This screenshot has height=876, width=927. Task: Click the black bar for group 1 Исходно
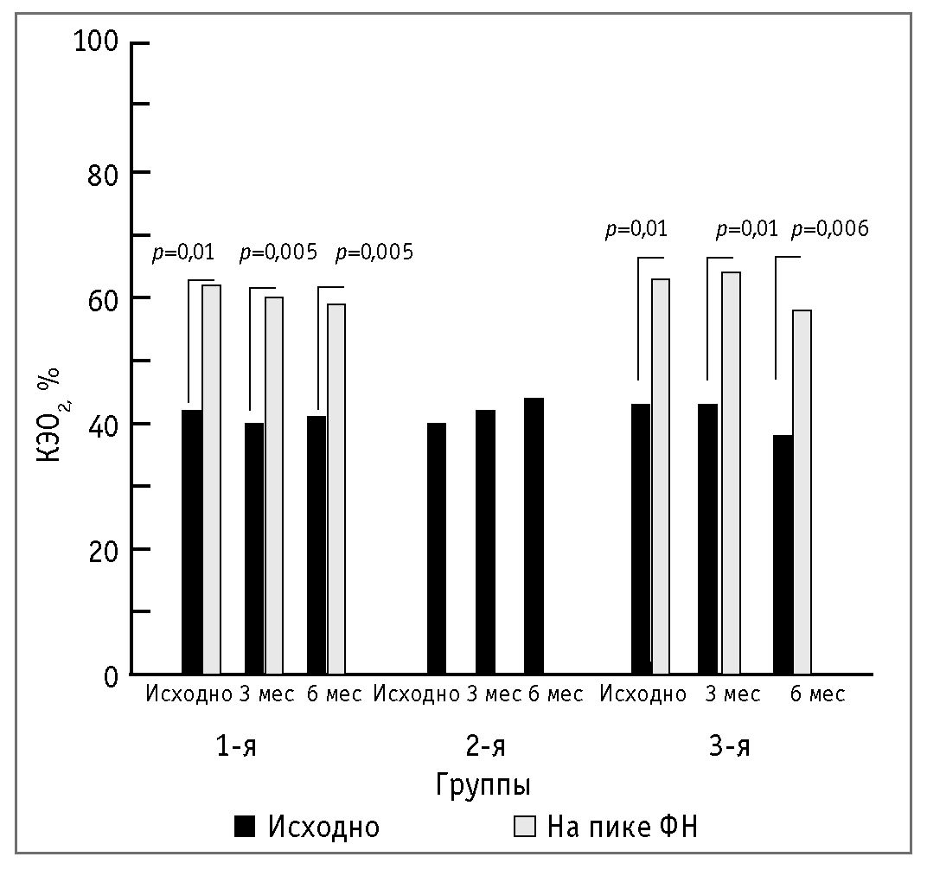[x=192, y=541]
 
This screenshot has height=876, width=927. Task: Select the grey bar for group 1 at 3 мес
[x=273, y=485]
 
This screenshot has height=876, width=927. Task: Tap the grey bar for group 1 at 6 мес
[x=336, y=489]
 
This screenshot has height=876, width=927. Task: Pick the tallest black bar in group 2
[x=534, y=536]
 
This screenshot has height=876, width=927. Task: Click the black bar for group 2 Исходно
[x=436, y=548]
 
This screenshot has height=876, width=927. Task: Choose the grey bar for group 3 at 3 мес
[x=731, y=473]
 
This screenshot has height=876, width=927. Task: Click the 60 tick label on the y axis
[x=105, y=297]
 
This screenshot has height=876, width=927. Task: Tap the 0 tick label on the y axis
[x=111, y=676]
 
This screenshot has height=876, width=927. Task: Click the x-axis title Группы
[x=483, y=785]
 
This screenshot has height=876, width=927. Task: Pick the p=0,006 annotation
[x=830, y=229]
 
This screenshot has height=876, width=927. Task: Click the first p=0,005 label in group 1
[x=278, y=253]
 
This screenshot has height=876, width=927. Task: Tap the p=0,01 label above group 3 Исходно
[x=636, y=229]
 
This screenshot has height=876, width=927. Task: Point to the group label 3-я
[x=729, y=745]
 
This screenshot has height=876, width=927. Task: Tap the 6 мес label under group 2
[x=555, y=694]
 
